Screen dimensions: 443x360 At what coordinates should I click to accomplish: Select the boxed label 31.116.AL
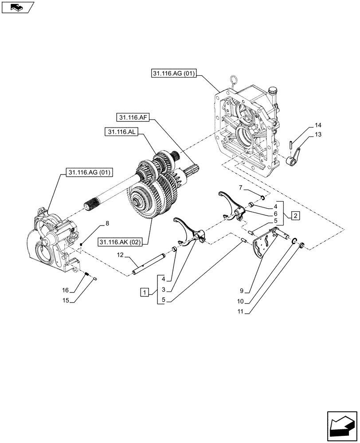point(121,132)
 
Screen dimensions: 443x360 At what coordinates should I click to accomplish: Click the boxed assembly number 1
point(144,292)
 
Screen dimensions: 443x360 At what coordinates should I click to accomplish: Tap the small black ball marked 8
point(82,245)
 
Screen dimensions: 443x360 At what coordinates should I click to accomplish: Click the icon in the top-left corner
point(17,8)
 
